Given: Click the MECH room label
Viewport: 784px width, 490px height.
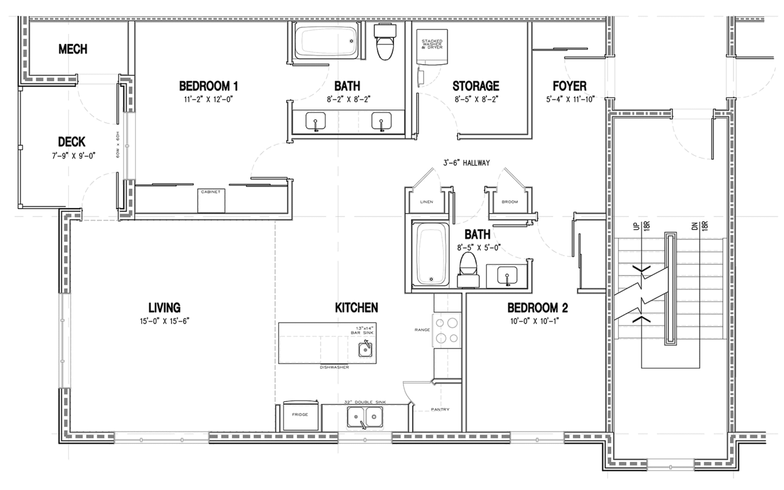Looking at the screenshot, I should [x=73, y=49].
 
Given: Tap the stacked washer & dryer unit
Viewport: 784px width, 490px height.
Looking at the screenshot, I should [x=432, y=47].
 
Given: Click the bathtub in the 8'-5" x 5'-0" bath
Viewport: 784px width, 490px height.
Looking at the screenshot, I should [x=430, y=254].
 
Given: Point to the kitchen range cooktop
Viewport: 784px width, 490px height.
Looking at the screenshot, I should [x=447, y=330].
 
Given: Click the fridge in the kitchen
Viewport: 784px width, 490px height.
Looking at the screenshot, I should [x=300, y=415].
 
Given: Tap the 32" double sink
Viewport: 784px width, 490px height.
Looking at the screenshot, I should [x=365, y=416].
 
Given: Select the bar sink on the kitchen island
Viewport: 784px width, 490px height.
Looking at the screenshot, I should [x=365, y=350].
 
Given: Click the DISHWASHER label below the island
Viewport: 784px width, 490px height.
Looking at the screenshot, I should [x=334, y=367].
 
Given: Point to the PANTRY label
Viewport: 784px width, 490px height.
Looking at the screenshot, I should [x=440, y=410].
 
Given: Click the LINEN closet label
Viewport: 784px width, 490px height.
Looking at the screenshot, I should [x=427, y=202].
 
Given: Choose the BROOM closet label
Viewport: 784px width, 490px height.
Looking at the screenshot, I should [x=510, y=202].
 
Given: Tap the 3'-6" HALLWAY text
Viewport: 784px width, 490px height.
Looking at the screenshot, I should [x=466, y=163].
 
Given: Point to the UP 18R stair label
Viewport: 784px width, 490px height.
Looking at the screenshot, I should [x=642, y=226].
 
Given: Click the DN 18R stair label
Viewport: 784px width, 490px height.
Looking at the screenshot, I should [x=700, y=226].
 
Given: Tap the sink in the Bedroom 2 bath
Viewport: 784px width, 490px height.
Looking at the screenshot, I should [x=507, y=276].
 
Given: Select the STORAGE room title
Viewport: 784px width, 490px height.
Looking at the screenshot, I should [x=476, y=86].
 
